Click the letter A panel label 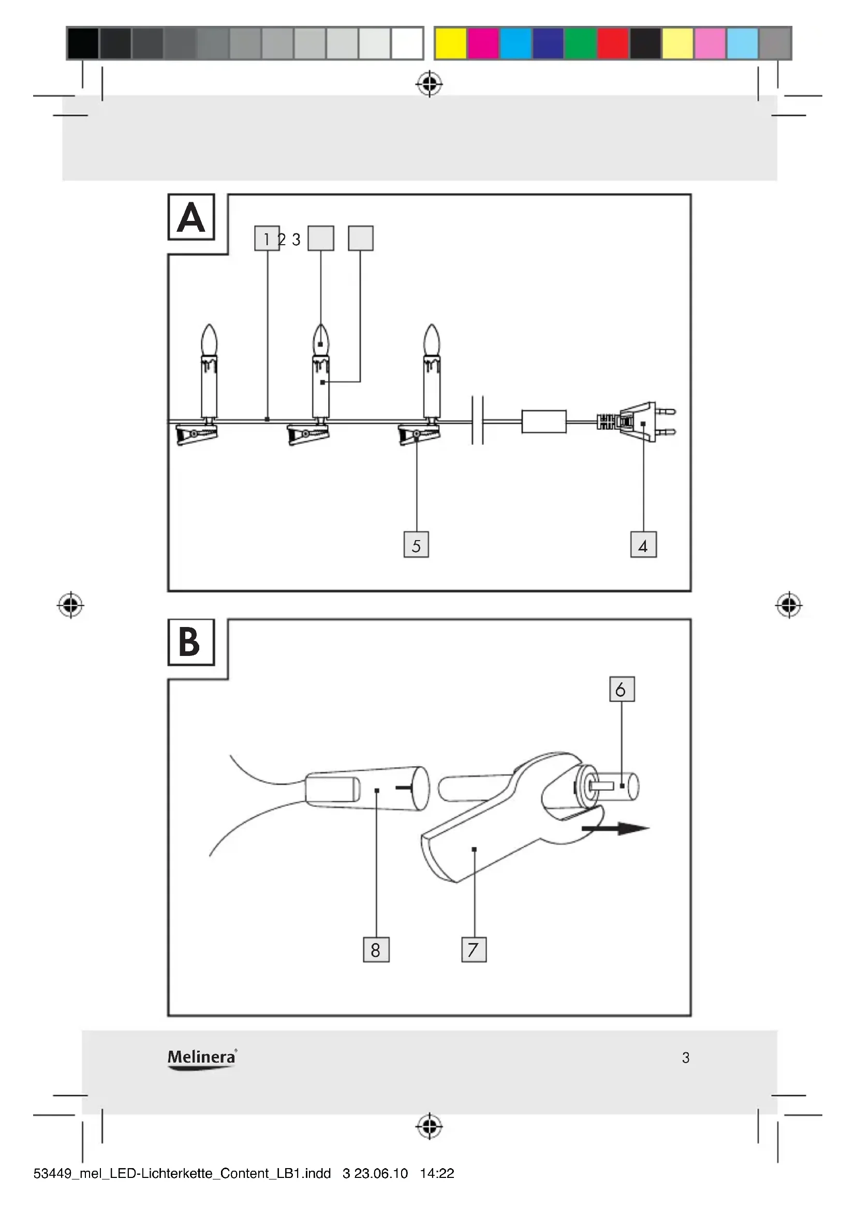coord(191,217)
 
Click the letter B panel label coord(191,643)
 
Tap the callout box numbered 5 coord(417,545)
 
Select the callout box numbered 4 coord(644,545)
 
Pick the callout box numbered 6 coord(622,689)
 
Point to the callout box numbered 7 coord(474,950)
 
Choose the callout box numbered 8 coord(376,950)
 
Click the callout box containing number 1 coord(267,238)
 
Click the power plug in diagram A coord(636,422)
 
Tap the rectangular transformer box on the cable coord(544,422)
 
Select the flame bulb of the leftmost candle coord(209,340)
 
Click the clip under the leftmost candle coord(196,435)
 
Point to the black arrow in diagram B coord(615,829)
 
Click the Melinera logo coord(202,1060)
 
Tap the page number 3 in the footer coord(686,1058)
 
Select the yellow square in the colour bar coord(451,43)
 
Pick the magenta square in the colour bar coord(483,43)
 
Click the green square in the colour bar coord(580,43)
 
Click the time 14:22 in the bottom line coord(437,1174)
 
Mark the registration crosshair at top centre coord(430,83)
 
